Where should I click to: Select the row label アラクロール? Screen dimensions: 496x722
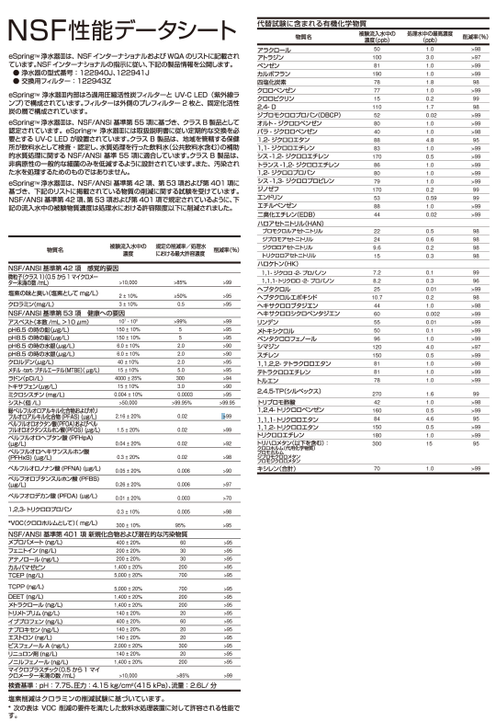[274, 49]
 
